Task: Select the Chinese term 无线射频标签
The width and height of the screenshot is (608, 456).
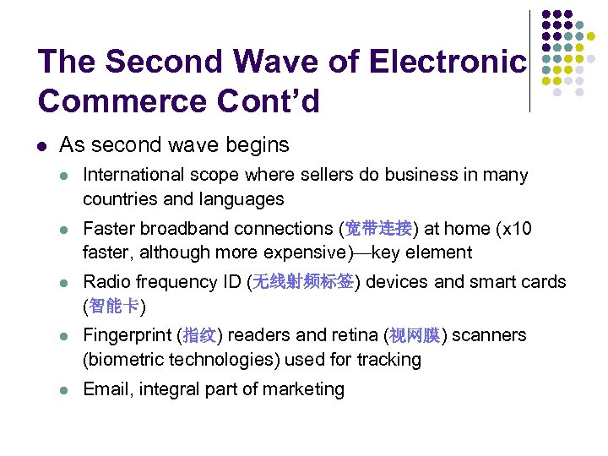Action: click(302, 282)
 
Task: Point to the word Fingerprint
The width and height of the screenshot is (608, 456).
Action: click(129, 335)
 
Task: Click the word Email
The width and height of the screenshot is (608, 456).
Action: click(106, 389)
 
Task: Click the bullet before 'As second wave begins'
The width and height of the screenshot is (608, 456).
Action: click(43, 145)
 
